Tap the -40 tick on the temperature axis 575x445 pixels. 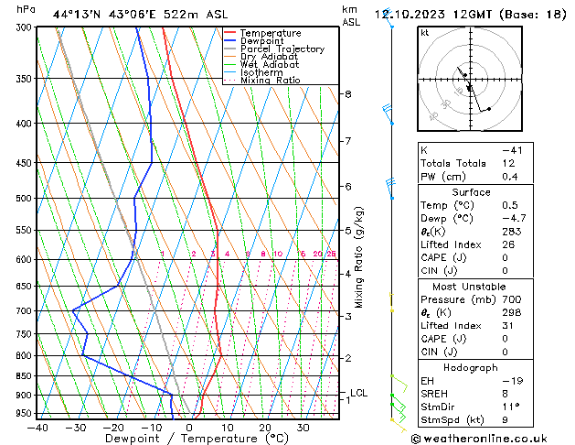point(37,427)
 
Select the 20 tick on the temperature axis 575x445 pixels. point(264,427)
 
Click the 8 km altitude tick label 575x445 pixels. point(347,94)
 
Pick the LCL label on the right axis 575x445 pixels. point(359,393)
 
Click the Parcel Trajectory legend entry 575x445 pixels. point(281,49)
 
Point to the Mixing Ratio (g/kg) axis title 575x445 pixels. point(360,256)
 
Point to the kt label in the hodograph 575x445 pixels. point(425,33)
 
